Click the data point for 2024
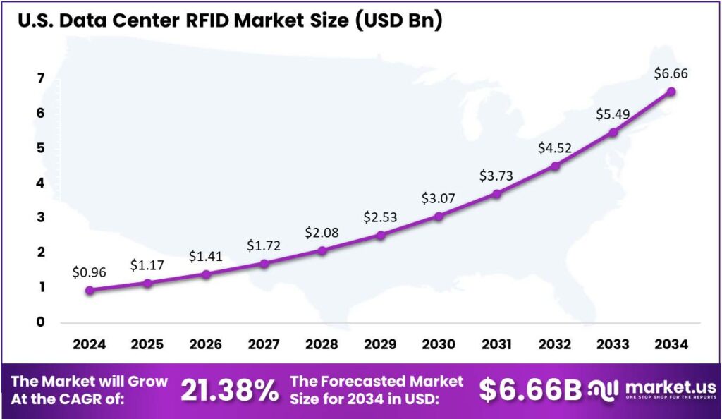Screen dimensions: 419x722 pos(90,290)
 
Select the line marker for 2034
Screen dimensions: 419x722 pos(671,92)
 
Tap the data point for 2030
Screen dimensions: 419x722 pos(439,216)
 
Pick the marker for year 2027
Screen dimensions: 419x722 pos(264,264)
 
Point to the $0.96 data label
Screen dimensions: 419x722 pos(89,271)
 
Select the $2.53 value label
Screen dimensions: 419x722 pos(380,217)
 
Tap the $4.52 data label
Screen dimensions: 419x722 pos(555,148)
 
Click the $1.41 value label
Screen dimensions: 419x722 pos(205,255)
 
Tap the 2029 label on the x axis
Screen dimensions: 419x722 pos(380,345)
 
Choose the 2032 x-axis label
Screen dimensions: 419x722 pos(555,345)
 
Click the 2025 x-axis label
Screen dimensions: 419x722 pos(147,345)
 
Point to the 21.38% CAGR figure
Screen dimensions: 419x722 pos(229,391)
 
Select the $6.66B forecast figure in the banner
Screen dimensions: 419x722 pos(530,391)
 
